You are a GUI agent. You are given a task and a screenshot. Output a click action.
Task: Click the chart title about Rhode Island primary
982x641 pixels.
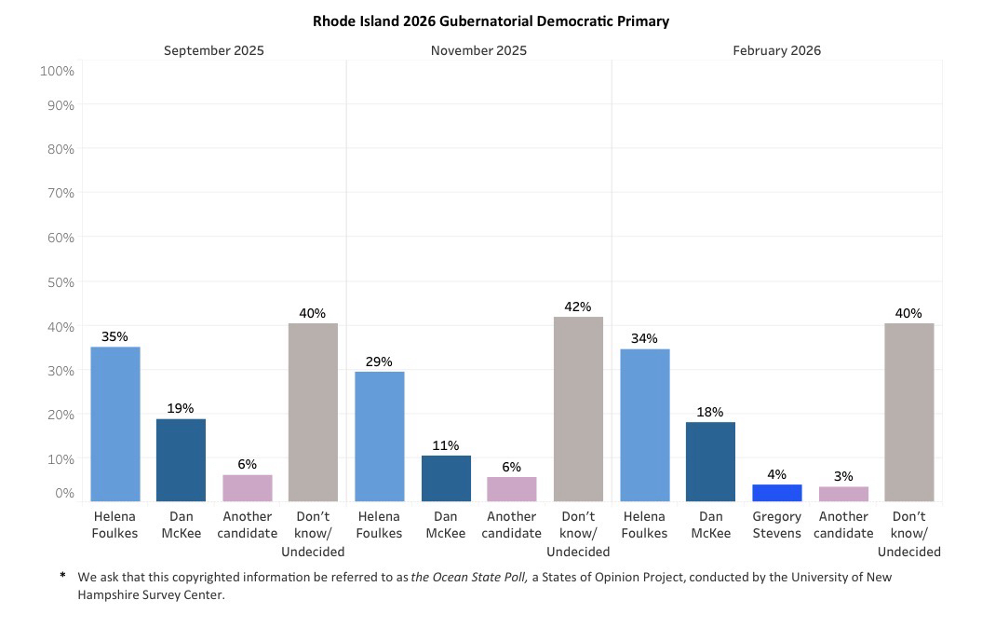point(491,20)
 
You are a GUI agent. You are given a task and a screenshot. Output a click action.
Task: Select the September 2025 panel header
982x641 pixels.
point(213,50)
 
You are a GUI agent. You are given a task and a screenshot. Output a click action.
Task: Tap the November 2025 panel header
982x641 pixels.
point(478,50)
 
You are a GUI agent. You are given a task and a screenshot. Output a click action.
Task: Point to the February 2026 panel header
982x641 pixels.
point(776,50)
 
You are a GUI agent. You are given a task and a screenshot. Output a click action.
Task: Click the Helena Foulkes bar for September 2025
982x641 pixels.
point(114,424)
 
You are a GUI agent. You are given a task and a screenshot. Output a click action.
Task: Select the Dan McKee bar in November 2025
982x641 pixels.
point(446,478)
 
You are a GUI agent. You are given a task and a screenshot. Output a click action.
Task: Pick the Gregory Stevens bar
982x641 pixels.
point(776,493)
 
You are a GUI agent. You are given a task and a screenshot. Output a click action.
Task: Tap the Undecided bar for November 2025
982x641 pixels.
point(578,409)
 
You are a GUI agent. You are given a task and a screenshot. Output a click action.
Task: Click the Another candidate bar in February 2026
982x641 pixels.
point(843,494)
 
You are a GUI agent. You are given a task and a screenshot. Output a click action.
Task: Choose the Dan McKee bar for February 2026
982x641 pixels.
point(710,461)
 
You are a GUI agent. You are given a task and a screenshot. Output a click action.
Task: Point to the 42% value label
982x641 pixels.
point(578,307)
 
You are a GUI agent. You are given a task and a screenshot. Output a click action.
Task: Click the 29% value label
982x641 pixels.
point(379,361)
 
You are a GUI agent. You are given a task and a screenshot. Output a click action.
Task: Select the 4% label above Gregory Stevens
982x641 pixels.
point(776,474)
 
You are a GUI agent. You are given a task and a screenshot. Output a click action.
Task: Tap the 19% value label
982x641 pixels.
point(181,408)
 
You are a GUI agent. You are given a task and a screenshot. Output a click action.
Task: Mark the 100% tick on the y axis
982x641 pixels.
point(58,71)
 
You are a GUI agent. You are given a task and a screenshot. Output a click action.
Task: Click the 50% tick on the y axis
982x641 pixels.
point(58,282)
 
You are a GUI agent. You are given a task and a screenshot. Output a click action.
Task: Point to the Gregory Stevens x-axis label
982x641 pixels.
point(776,525)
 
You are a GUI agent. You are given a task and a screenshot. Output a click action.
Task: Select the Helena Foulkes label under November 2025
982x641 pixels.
point(379,525)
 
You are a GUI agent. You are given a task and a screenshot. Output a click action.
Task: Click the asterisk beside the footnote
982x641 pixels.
point(63,577)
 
